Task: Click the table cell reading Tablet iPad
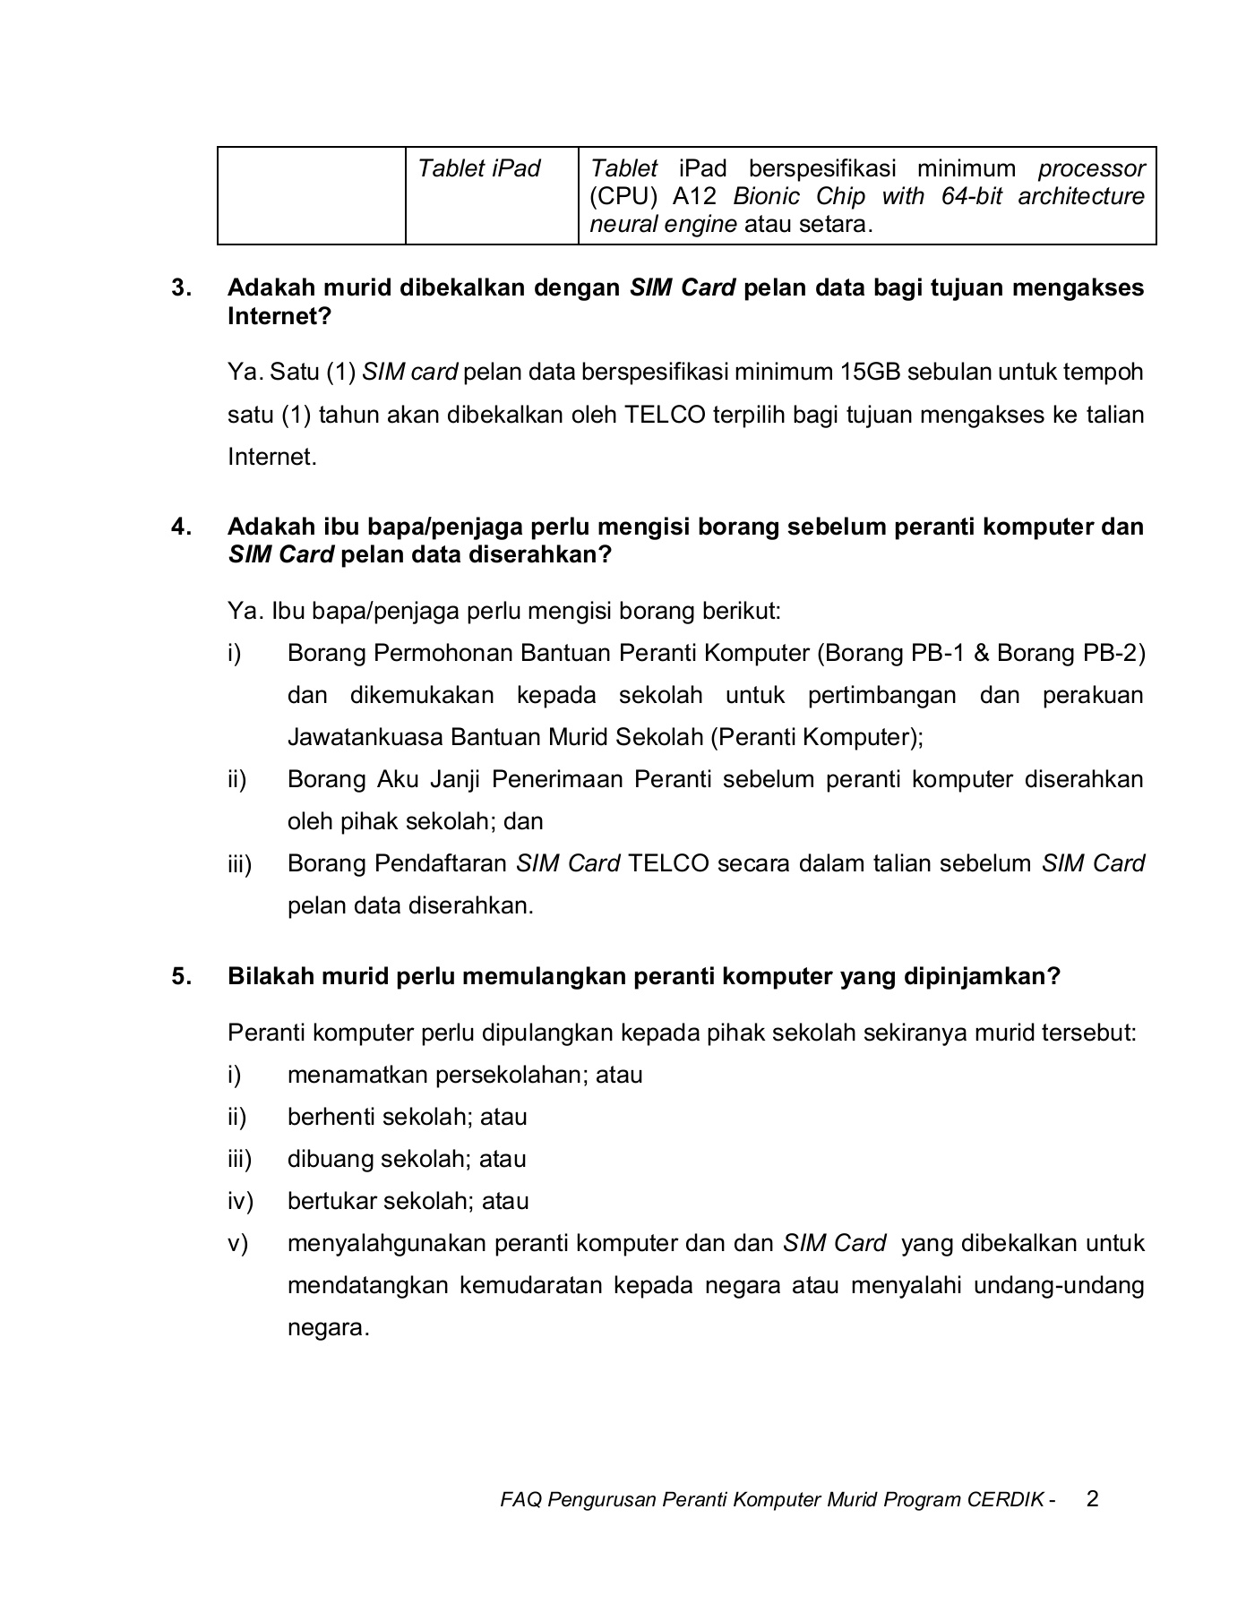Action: [x=479, y=169]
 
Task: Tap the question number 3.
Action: [x=181, y=288]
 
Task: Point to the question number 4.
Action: [x=181, y=527]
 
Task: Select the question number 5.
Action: [x=181, y=976]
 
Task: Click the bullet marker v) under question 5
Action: [x=237, y=1243]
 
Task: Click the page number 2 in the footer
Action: [x=1092, y=1498]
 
